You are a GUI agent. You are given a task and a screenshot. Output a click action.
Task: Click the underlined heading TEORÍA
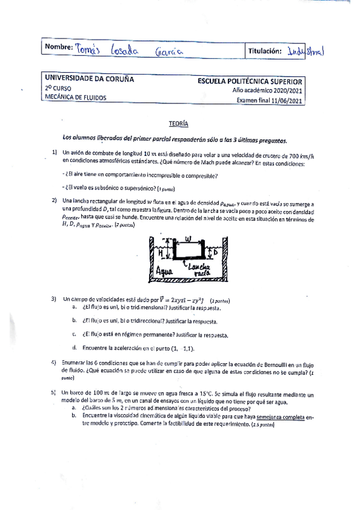180,123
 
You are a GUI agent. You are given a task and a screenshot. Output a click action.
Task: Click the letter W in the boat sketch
188,238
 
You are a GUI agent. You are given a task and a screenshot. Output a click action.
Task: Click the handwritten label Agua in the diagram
159,271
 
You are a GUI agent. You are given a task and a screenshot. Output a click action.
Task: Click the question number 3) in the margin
53,298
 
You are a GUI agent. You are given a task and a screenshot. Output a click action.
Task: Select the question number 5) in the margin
53,392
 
